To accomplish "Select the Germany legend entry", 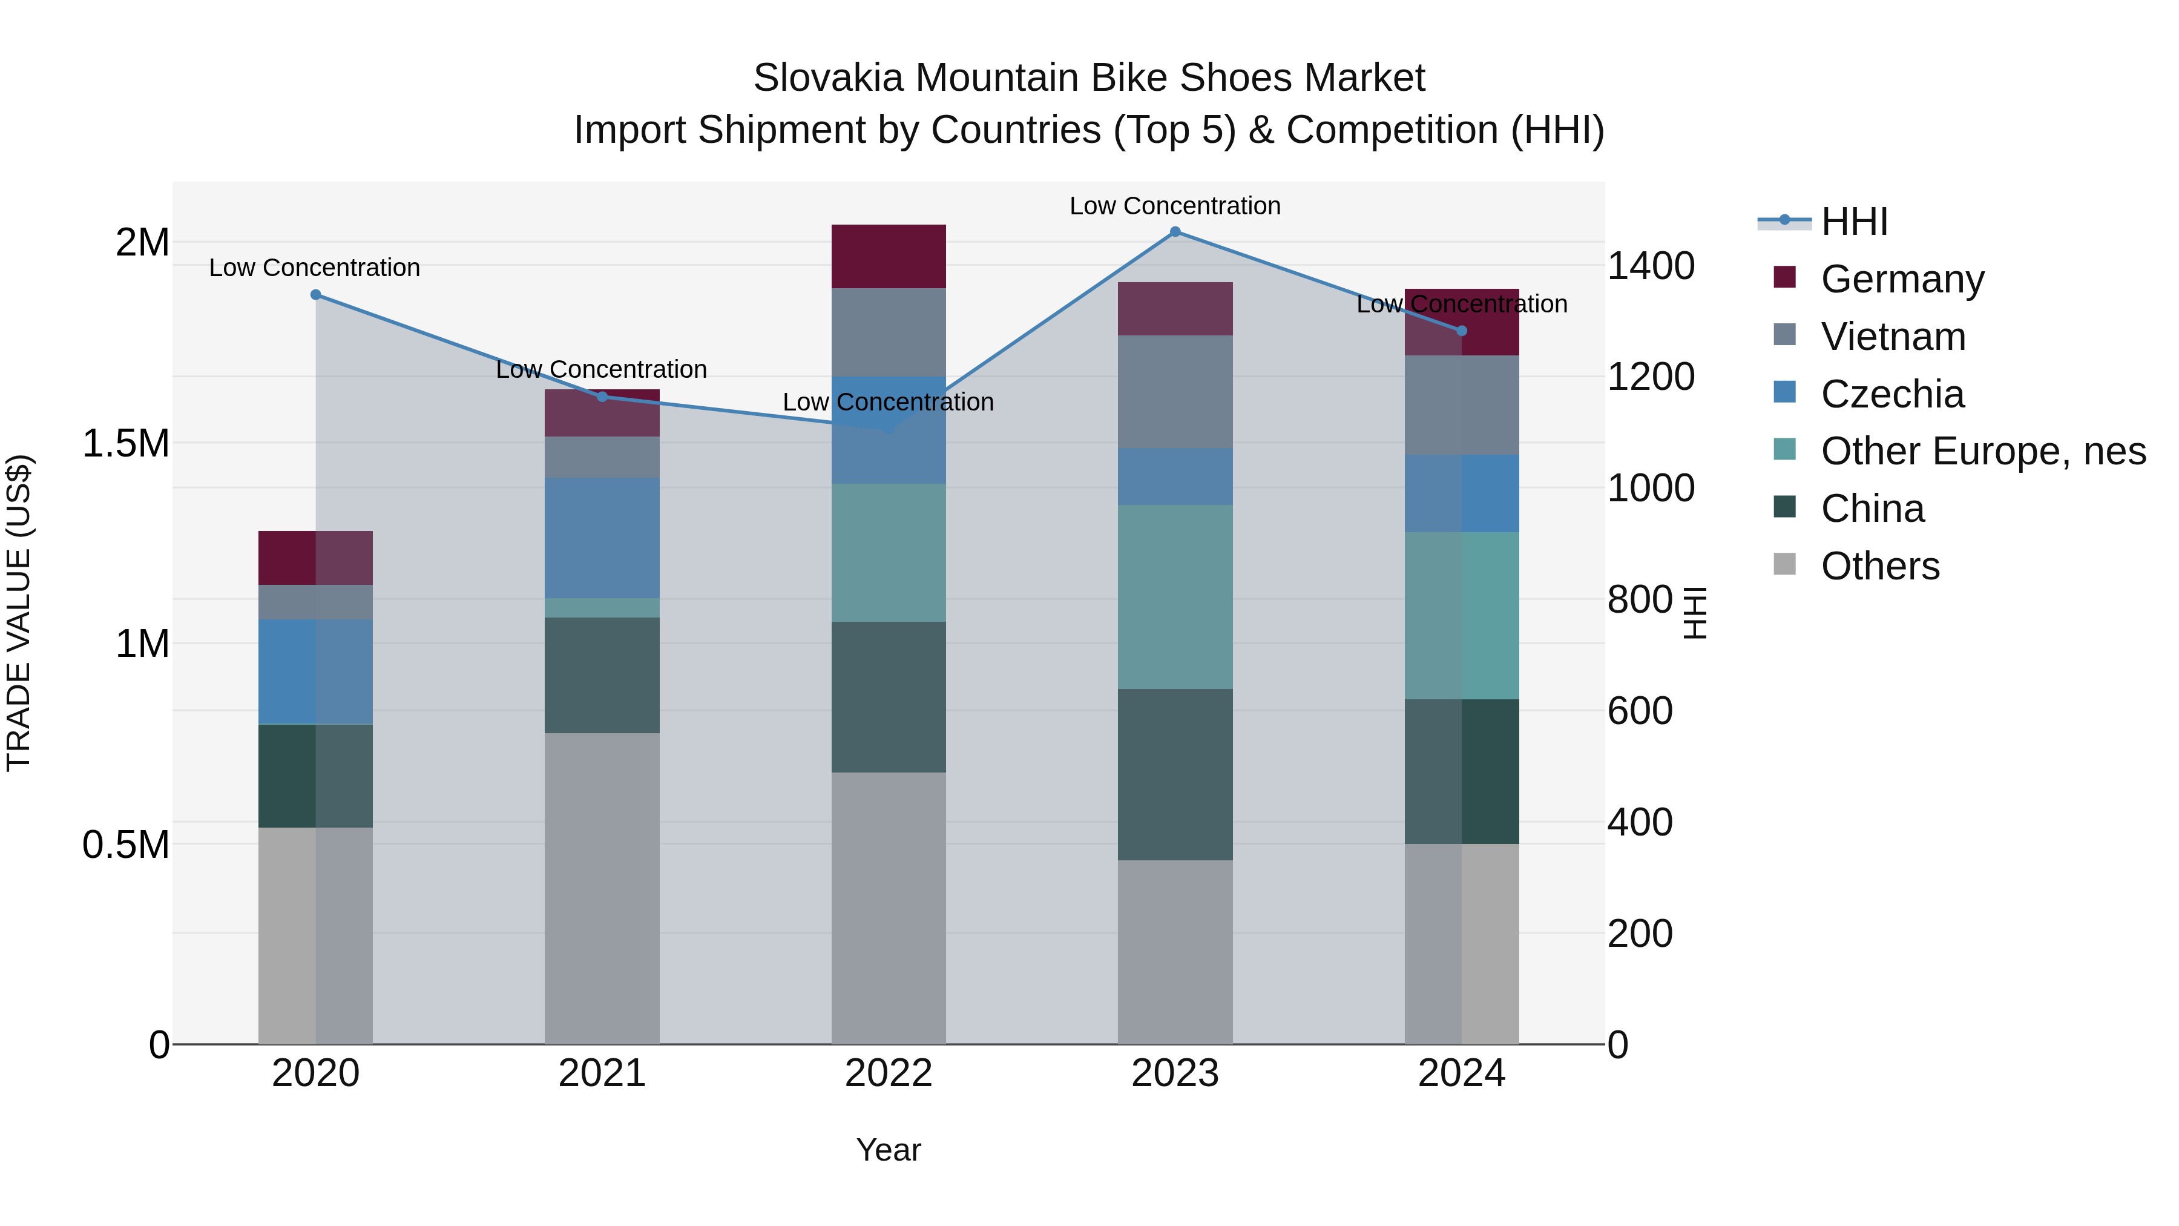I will [x=1902, y=279].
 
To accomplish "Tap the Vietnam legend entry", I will [x=1893, y=337].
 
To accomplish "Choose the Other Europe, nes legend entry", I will [x=1983, y=451].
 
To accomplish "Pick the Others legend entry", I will [x=1879, y=566].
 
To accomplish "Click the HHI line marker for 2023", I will [x=1175, y=232].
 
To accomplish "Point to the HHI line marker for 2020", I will [x=315, y=294].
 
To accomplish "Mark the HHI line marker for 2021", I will [x=602, y=397].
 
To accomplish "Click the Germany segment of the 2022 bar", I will [x=888, y=256].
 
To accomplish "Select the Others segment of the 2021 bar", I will [x=602, y=888].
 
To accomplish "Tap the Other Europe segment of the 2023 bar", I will [x=1175, y=596].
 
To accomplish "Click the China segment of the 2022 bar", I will [x=888, y=697].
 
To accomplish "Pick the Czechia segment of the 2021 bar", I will [x=602, y=538].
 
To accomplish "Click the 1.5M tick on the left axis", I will [x=125, y=443].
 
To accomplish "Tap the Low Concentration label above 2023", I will [x=1175, y=206].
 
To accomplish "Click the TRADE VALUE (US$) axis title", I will [x=19, y=613].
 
